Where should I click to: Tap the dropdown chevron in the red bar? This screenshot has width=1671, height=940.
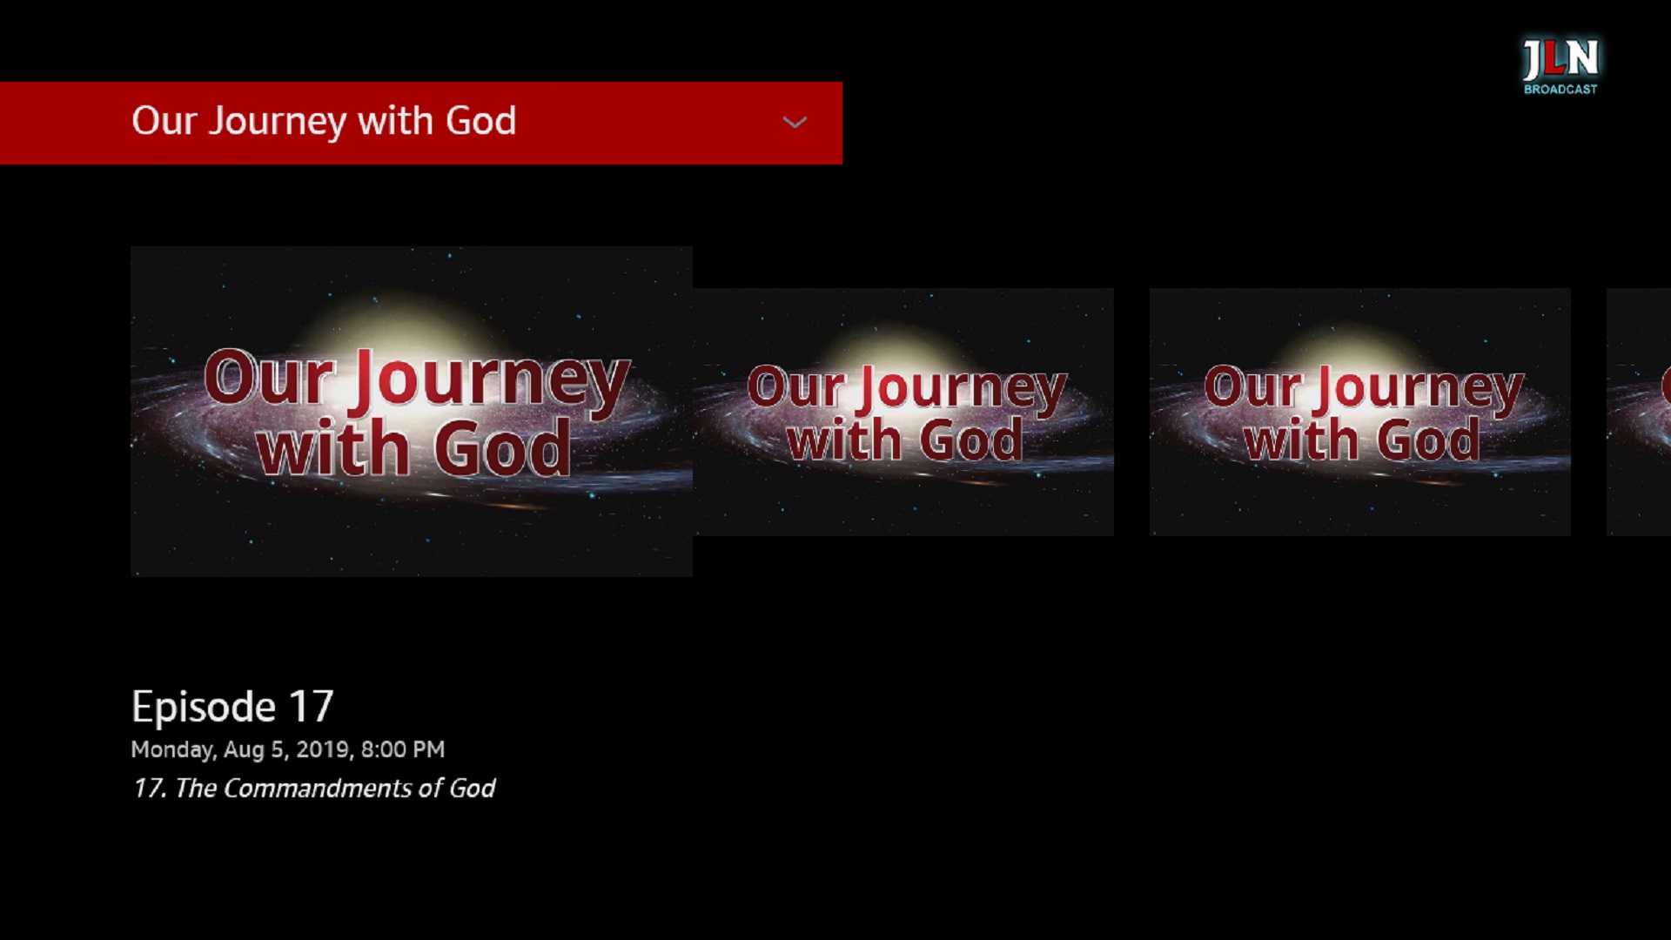coord(795,123)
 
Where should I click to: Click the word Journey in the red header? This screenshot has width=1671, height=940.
coord(277,122)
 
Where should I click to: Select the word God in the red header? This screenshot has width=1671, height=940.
coord(480,121)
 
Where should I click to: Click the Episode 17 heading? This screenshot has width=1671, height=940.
coord(232,706)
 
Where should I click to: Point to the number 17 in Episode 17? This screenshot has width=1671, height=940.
coord(311,706)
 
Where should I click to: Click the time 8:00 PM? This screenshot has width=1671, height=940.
coord(403,749)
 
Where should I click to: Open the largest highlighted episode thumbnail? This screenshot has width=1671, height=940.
coord(411,411)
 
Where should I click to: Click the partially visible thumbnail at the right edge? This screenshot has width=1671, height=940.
coord(1640,411)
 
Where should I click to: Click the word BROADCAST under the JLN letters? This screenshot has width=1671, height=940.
coord(1560,90)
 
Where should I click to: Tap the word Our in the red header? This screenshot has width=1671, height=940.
coord(164,121)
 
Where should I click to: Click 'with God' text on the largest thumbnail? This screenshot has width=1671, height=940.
coord(413,449)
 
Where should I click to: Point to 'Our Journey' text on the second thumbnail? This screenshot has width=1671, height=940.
coord(906,387)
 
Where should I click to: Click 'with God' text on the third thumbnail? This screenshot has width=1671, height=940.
coord(1361,440)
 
